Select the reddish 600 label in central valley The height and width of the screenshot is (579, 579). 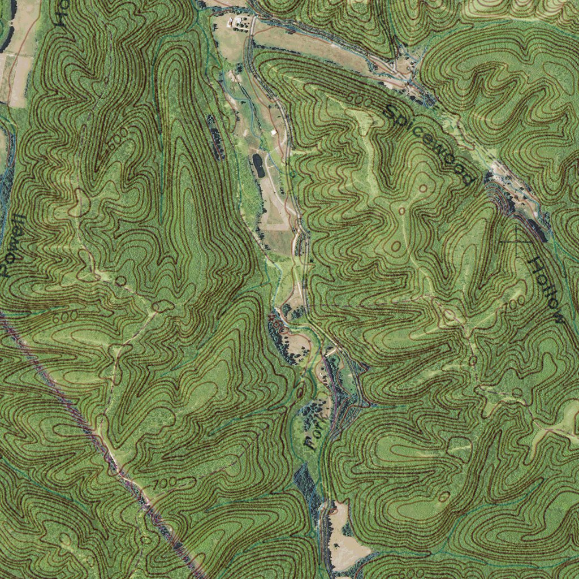[277, 324]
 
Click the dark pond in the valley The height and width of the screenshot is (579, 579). [258, 165]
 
